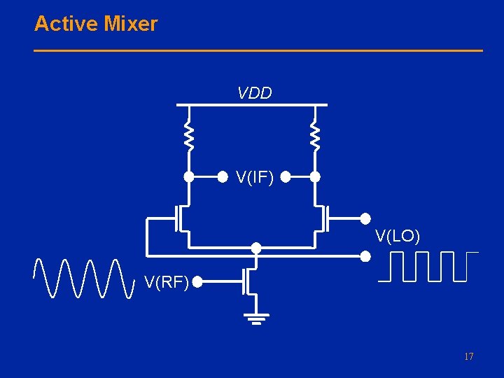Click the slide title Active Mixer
pyautogui.click(x=96, y=24)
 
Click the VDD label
pyautogui.click(x=255, y=93)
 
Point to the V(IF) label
pyautogui.click(x=255, y=178)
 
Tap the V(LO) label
pyautogui.click(x=398, y=237)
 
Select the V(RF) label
pyautogui.click(x=167, y=283)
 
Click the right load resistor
pyautogui.click(x=315, y=136)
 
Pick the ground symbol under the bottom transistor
pyautogui.click(x=257, y=318)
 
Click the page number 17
pyautogui.click(x=468, y=357)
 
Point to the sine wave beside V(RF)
pyautogui.click(x=83, y=278)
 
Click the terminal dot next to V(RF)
pyautogui.click(x=198, y=283)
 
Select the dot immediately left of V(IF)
pyautogui.click(x=223, y=177)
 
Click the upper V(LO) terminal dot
pyautogui.click(x=365, y=218)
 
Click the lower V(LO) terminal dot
pyautogui.click(x=365, y=256)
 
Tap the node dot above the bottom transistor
pyautogui.click(x=256, y=248)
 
